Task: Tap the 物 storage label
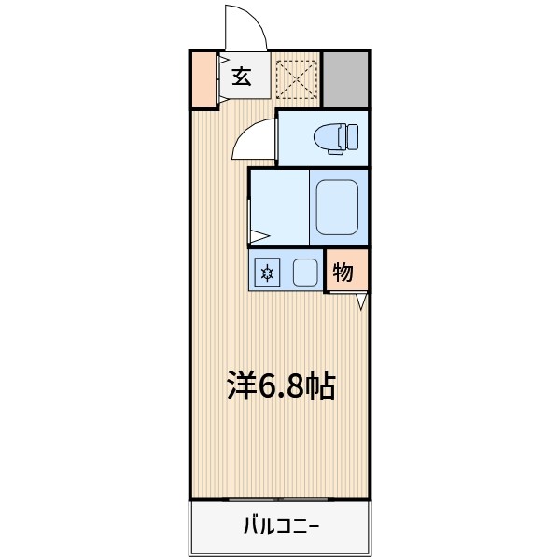[x=343, y=273]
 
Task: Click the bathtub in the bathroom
[x=337, y=207]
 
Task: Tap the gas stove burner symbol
[x=268, y=273]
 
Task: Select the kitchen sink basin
[x=304, y=273]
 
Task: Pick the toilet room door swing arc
[x=254, y=138]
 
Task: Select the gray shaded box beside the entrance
[x=345, y=78]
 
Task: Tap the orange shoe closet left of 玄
[x=203, y=80]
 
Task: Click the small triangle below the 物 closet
[x=361, y=301]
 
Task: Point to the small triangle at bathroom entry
[x=259, y=237]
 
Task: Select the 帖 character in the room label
[x=320, y=385]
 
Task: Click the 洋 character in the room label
[x=242, y=385]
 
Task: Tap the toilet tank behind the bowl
[x=352, y=138]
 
